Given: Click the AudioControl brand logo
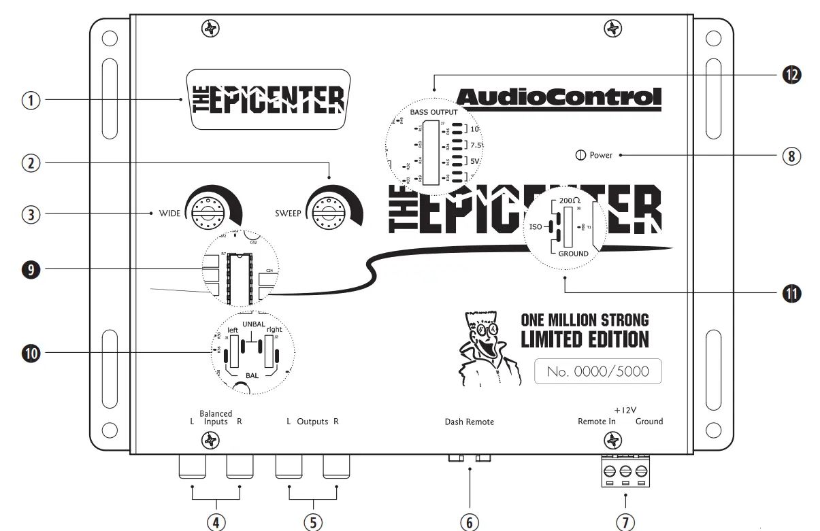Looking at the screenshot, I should click(x=557, y=99).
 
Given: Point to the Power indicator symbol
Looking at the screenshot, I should click(x=580, y=155).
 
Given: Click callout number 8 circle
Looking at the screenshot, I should click(x=790, y=156).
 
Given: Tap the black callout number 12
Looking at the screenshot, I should click(x=790, y=75).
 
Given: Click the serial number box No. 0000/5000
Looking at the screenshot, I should click(x=597, y=372).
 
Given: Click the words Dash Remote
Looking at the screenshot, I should click(x=470, y=422).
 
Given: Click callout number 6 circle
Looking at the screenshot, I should click(x=470, y=521).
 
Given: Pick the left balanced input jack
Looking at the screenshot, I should click(x=193, y=467).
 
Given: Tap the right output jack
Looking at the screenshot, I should click(x=337, y=467).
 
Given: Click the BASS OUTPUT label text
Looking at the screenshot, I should click(x=434, y=112).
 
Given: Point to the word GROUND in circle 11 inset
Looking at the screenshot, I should click(x=573, y=254).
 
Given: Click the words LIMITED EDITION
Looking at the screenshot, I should click(x=585, y=339).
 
